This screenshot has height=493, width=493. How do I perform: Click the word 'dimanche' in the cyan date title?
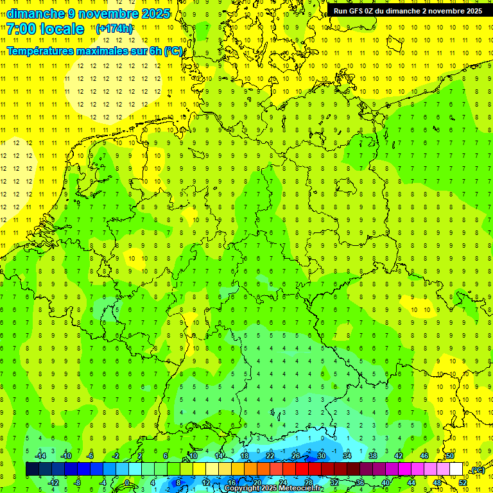coord(36,13)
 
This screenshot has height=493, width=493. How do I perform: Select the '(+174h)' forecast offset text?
coord(114,29)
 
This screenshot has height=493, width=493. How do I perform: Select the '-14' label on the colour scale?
coord(40,456)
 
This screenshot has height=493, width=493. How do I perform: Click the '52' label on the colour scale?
coord(463,483)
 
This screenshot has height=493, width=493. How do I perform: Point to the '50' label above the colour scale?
coord(450,456)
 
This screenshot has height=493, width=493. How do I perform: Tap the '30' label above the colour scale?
coord(322,456)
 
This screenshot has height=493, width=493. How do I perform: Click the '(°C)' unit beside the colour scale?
coord(478,470)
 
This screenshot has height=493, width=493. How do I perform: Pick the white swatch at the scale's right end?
coord(456,469)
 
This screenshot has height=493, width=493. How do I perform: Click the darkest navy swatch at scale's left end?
coord(32,469)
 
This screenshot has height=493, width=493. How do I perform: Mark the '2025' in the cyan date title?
coord(154,13)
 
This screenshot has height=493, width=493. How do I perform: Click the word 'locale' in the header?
coord(62,29)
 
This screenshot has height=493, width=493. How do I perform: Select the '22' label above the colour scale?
coord(270,456)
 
